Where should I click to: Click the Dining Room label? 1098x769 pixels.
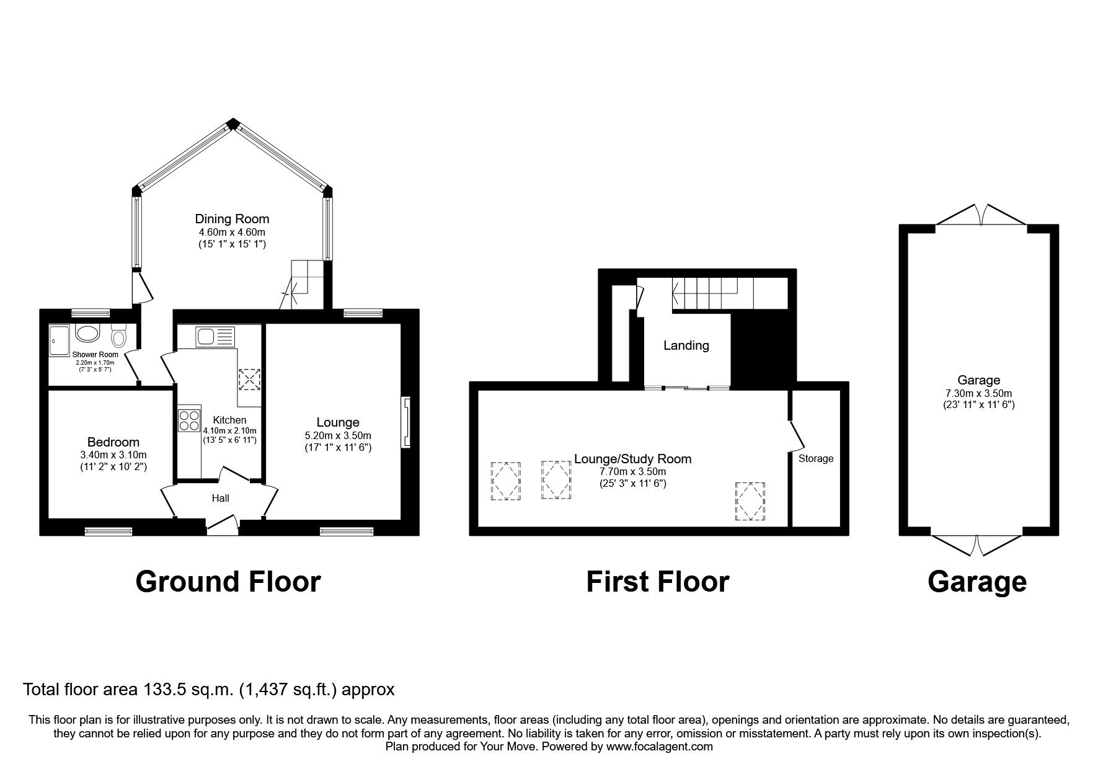(232, 219)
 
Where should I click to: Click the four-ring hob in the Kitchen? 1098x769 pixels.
(189, 421)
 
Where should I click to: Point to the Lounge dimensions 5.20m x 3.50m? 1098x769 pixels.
(338, 435)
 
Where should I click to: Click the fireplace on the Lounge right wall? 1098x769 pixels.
(406, 423)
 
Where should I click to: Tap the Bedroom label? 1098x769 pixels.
(113, 442)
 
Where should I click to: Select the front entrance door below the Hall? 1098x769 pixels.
(223, 526)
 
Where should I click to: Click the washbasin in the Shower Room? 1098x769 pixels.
(87, 333)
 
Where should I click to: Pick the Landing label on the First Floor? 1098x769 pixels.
(686, 345)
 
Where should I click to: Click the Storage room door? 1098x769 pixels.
(796, 436)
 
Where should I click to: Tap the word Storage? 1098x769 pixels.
(815, 459)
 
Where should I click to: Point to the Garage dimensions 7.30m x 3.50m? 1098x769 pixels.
(978, 393)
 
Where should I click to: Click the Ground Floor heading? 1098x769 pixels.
(228, 582)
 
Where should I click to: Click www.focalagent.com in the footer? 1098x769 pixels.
(659, 747)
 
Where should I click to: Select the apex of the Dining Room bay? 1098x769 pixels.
(232, 123)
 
